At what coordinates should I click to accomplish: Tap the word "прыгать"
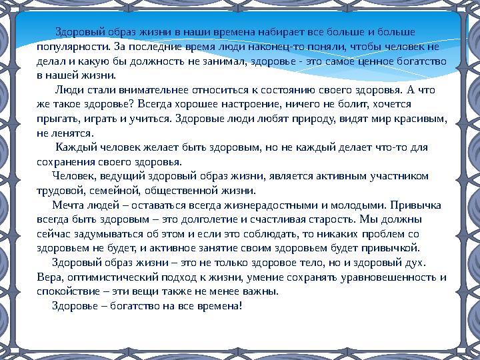point(57,119)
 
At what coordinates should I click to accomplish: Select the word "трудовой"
point(59,190)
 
